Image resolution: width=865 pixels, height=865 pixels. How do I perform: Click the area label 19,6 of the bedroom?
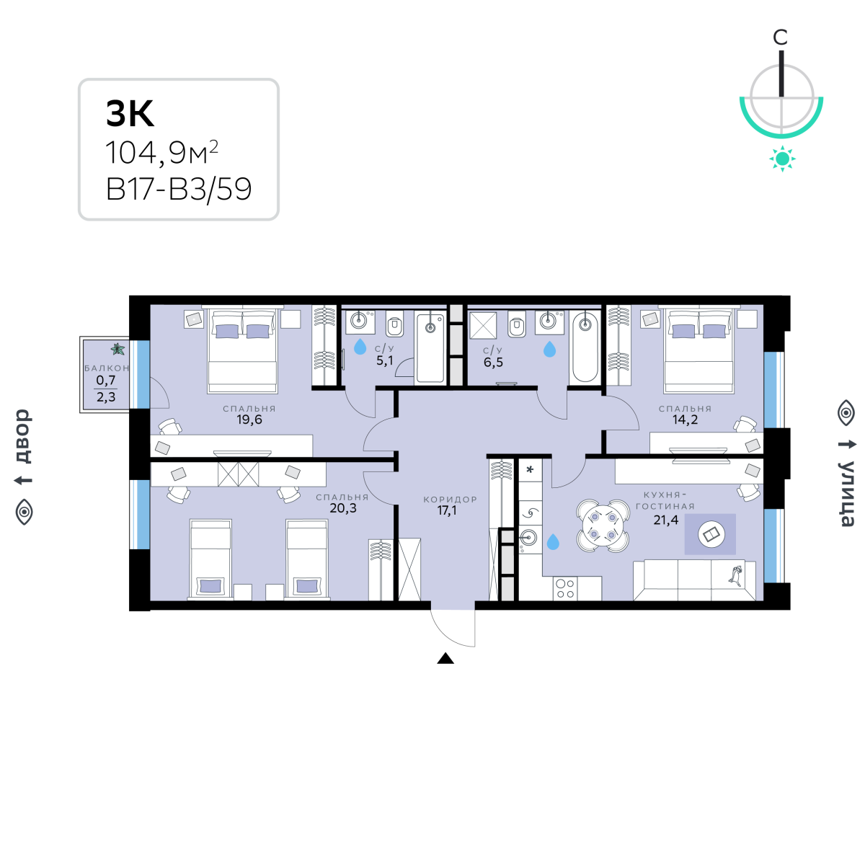pos(249,420)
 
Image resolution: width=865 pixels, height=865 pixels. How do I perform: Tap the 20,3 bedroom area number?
pos(343,508)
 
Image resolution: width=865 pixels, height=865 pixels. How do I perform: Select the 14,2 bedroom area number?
pos(685,420)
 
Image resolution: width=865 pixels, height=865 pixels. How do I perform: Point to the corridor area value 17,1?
pos(447,510)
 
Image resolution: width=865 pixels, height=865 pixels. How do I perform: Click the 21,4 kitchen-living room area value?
pos(666,520)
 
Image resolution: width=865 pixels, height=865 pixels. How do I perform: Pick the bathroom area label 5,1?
pos(385,360)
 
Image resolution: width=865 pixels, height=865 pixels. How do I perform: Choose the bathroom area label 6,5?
pos(493,363)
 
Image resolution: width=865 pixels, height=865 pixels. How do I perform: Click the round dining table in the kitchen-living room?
pos(603,525)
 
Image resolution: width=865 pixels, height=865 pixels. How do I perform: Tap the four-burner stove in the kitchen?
pos(565,588)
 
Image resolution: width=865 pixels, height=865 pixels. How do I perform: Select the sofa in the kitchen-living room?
pos(694,580)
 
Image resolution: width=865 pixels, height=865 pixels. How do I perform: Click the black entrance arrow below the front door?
pos(445,658)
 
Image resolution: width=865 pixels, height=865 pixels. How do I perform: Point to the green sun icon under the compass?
pos(782,159)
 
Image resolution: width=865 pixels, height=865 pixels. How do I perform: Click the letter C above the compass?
pos(781,37)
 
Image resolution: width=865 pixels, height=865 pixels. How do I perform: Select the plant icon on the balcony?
pos(118,349)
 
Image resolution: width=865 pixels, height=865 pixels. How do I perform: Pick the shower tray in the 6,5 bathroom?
pos(483,325)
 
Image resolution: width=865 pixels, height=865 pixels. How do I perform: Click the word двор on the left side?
pos(24,436)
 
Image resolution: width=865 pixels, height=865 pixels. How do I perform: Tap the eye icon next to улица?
pos(846,412)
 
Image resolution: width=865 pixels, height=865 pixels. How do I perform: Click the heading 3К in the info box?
pos(130,113)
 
